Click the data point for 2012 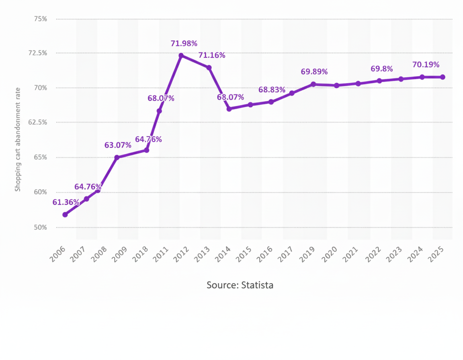point(181,55)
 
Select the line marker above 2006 point(65,215)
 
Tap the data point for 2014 point(229,109)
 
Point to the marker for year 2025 point(443,77)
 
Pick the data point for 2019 point(313,84)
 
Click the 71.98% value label point(184,43)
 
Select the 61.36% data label point(66,202)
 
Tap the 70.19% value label point(426,65)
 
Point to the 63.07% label point(118,145)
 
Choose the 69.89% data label point(314,72)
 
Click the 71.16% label point(211,55)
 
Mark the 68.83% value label point(272,90)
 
